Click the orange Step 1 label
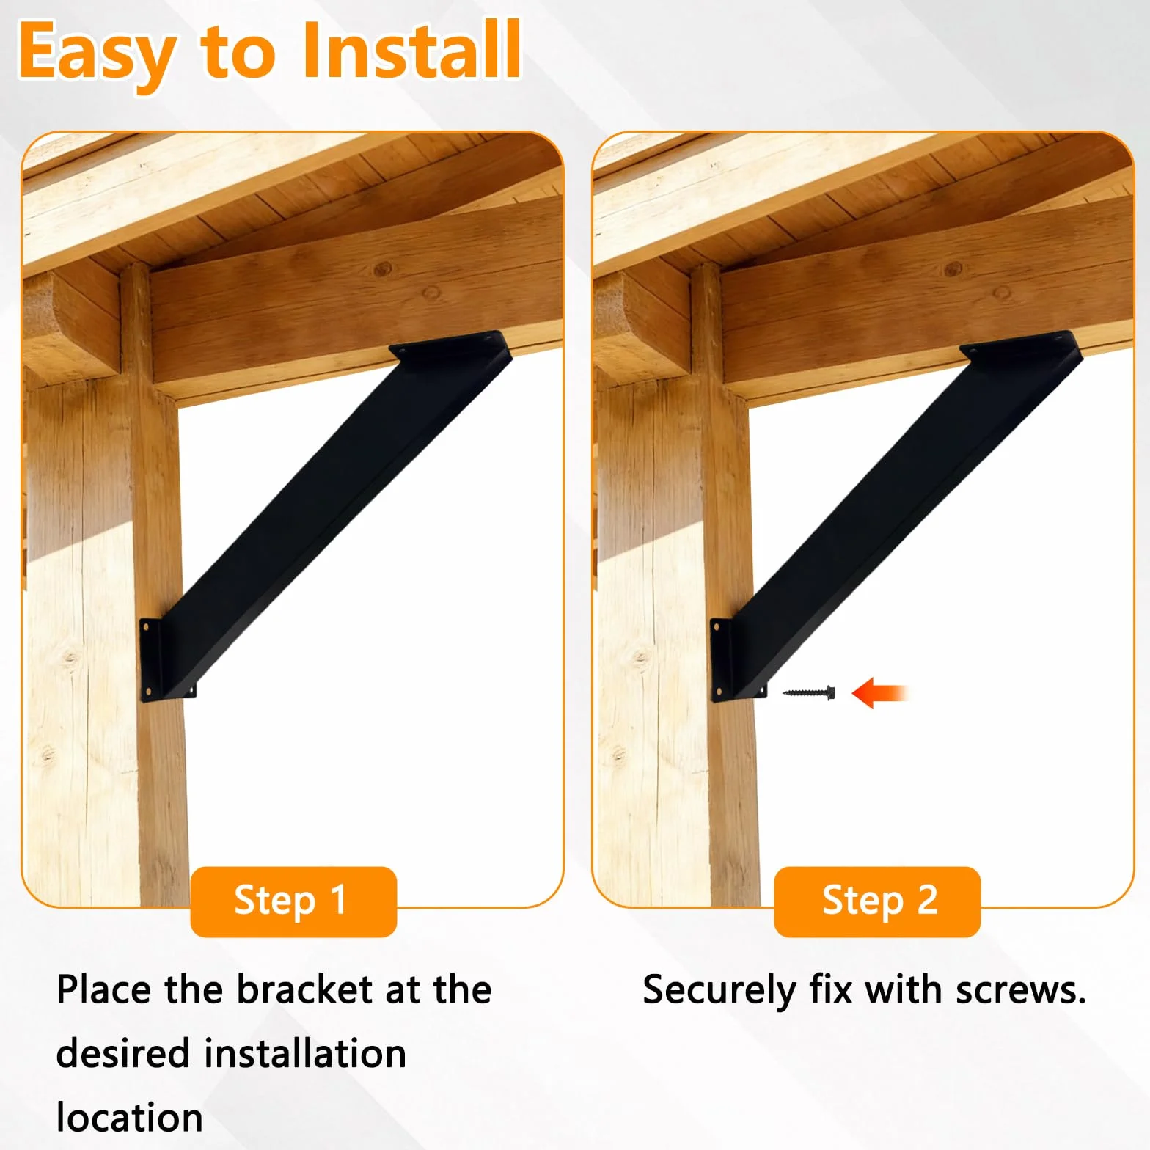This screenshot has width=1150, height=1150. click(293, 901)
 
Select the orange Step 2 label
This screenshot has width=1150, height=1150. click(877, 901)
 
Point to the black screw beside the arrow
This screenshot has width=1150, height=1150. click(808, 692)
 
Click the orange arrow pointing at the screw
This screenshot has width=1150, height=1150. click(880, 692)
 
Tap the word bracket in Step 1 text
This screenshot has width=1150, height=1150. click(304, 989)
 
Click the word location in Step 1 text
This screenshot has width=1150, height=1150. click(130, 1118)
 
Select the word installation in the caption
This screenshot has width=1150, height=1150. click(305, 1054)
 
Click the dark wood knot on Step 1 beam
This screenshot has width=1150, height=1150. click(383, 268)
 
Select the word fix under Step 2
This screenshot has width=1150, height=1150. click(830, 989)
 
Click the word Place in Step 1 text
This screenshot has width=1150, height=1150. click(105, 989)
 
